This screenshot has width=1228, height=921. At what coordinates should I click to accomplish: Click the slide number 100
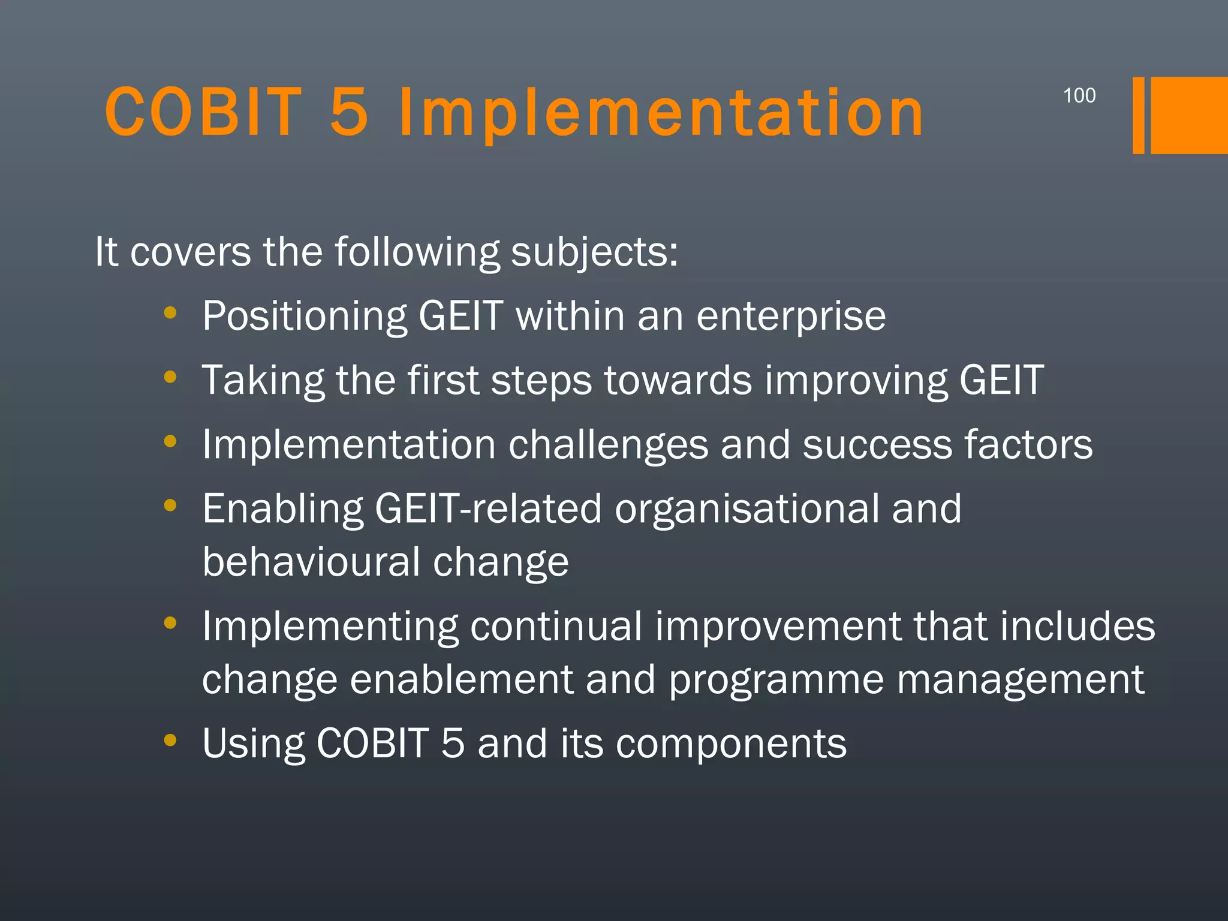[1079, 95]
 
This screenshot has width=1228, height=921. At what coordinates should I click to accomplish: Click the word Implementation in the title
[661, 113]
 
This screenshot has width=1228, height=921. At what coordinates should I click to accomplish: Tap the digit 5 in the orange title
[349, 112]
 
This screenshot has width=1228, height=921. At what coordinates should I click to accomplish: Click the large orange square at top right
[1189, 115]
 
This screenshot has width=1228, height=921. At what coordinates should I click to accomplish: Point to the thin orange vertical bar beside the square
[1138, 115]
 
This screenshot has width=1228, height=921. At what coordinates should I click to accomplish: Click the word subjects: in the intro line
[594, 252]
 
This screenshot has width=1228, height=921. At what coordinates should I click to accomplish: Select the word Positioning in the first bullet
[304, 316]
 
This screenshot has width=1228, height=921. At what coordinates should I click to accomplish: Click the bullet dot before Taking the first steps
[170, 377]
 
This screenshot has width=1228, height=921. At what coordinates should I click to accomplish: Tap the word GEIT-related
[487, 508]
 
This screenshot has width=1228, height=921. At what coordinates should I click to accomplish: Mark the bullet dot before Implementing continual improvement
[170, 623]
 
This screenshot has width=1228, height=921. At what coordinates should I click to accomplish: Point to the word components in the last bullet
[731, 744]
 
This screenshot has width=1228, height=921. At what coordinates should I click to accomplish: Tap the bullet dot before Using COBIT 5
[170, 740]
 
